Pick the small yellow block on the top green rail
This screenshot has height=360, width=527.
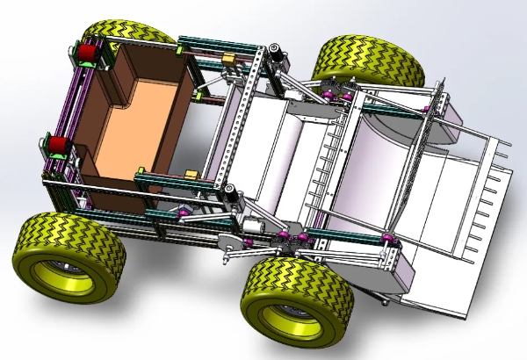(x=230, y=58)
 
